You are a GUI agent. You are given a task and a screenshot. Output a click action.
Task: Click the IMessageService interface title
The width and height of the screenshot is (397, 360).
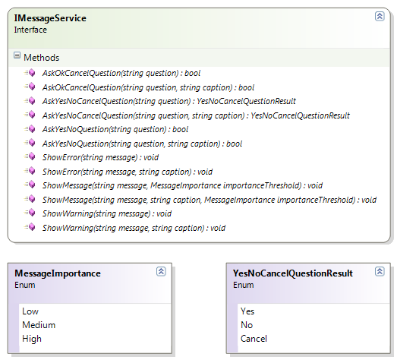(x=50, y=18)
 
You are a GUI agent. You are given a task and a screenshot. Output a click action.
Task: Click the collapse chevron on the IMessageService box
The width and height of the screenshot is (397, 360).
(x=380, y=17)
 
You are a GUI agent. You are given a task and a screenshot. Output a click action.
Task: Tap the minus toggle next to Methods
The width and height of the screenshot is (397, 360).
(x=17, y=55)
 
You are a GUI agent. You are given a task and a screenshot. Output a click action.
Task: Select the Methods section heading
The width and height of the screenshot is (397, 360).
(x=42, y=58)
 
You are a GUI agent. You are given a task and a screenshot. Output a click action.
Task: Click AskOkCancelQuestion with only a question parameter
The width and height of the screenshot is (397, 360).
(x=121, y=73)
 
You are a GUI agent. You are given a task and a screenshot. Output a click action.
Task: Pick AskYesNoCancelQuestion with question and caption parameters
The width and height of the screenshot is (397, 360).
(x=196, y=115)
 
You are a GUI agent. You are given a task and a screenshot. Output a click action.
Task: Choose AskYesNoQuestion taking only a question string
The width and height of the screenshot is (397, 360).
(x=115, y=129)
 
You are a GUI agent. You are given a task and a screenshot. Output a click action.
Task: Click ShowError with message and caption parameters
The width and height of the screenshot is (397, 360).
(x=128, y=172)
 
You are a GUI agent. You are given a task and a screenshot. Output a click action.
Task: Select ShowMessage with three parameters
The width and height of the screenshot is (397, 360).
(x=210, y=200)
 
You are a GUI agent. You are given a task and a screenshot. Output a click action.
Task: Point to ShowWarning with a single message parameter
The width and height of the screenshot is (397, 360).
(x=107, y=213)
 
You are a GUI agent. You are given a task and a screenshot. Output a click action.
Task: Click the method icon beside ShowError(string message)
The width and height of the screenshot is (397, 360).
(x=30, y=156)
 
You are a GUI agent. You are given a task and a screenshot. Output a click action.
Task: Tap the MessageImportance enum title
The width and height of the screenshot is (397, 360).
(x=58, y=273)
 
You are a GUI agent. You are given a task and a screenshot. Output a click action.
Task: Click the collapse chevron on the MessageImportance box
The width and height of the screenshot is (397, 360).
(x=161, y=272)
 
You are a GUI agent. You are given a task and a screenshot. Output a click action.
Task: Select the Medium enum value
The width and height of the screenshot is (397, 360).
(x=39, y=325)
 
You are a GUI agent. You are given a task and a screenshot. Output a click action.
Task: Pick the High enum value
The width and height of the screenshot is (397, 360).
(x=32, y=339)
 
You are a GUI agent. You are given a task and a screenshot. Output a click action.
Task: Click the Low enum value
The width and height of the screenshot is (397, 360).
(x=30, y=311)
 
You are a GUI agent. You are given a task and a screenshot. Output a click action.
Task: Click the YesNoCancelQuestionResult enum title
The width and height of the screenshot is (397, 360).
(x=293, y=273)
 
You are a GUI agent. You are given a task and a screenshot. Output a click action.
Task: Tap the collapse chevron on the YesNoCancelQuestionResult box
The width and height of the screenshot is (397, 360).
(x=380, y=272)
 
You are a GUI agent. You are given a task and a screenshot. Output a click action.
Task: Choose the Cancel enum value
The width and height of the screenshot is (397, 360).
(x=254, y=339)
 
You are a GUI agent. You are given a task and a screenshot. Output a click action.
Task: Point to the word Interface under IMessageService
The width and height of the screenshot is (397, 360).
(x=30, y=30)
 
